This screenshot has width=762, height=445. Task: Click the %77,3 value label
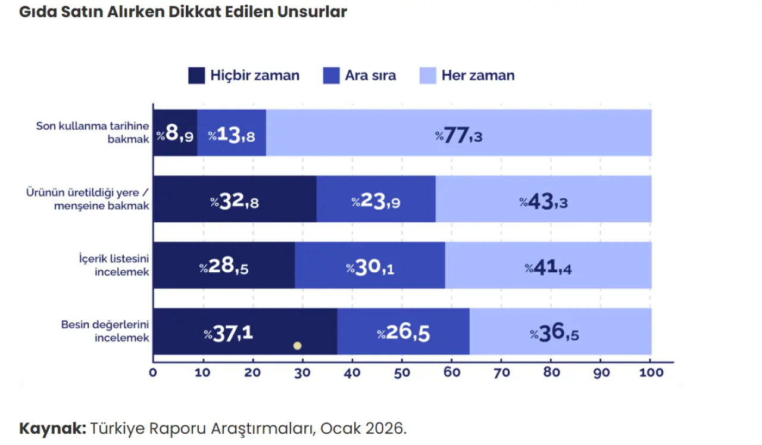pyautogui.click(x=458, y=135)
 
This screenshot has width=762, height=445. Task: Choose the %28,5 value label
pyautogui.click(x=224, y=267)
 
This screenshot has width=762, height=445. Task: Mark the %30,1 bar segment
pyautogui.click(x=370, y=267)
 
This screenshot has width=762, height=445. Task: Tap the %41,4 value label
pyautogui.click(x=548, y=267)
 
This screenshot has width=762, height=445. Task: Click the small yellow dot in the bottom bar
pyautogui.click(x=297, y=346)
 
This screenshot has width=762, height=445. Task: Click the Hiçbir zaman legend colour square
pyautogui.click(x=196, y=76)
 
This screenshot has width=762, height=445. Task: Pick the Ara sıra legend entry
pyautogui.click(x=359, y=76)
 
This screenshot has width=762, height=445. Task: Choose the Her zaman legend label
pyautogui.click(x=478, y=76)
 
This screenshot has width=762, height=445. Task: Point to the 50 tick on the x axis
pyautogui.click(x=402, y=373)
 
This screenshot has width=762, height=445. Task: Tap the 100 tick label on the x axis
pyautogui.click(x=651, y=373)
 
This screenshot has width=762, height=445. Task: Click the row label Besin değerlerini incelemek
pyautogui.click(x=105, y=331)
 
